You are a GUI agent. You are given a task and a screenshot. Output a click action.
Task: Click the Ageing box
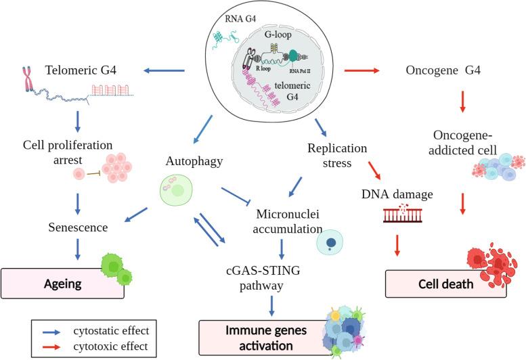coord(62,284)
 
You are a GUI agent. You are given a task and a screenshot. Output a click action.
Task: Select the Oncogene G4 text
coord(443,69)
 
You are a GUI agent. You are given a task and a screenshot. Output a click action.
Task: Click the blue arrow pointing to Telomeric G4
coord(167,69)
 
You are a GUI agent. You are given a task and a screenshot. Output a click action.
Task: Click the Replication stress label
coord(336,155)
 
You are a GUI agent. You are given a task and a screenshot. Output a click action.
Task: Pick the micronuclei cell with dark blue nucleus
coord(332,241)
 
